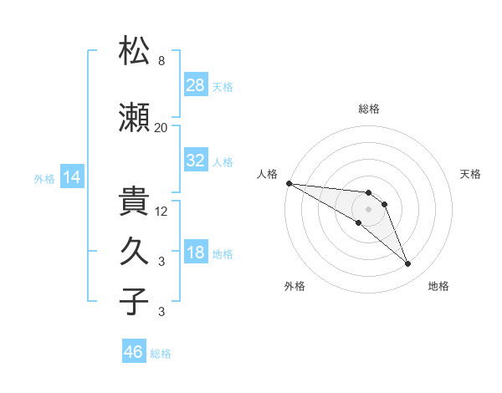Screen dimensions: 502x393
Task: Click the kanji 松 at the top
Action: (134, 50)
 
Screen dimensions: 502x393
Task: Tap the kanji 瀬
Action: (134, 117)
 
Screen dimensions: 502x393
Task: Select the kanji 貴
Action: (134, 201)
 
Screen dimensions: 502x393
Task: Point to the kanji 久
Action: (134, 251)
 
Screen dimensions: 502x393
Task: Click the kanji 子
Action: (134, 301)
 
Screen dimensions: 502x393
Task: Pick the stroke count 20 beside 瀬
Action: (161, 128)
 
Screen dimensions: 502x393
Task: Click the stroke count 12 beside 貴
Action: (161, 212)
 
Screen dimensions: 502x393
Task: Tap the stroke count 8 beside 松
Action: (161, 60)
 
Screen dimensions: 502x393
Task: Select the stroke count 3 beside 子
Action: (161, 311)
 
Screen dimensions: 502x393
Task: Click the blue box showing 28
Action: (196, 84)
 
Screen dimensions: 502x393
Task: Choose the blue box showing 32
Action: (196, 160)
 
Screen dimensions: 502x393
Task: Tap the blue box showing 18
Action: (196, 251)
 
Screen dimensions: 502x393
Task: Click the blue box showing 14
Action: (72, 176)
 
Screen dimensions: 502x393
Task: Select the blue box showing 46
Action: (134, 350)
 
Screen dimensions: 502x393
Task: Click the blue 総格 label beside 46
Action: (161, 354)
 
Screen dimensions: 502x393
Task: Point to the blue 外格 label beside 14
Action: (44, 179)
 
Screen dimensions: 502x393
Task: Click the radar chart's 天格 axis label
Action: (470, 174)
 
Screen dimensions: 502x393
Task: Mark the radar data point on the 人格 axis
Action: (289, 183)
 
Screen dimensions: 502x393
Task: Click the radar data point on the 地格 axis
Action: (408, 264)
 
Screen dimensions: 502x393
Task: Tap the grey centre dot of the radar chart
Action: (368, 209)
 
